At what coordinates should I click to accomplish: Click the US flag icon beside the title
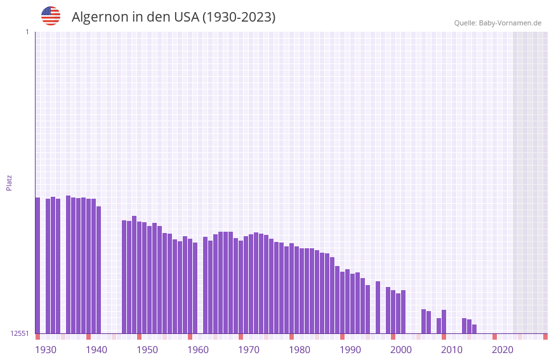point(51,16)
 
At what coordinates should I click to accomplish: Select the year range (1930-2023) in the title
point(239,17)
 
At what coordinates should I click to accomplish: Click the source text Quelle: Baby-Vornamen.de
point(498,23)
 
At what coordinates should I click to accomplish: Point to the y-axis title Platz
point(9,182)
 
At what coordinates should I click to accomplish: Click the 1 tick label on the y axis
point(27,32)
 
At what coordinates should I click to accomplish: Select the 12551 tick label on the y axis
point(20,333)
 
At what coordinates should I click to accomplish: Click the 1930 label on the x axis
point(46,350)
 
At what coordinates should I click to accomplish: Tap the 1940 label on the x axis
point(96,350)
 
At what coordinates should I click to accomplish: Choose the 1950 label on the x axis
point(147,350)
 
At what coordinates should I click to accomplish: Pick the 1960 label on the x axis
point(198,350)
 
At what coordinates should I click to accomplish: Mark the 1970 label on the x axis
point(249,350)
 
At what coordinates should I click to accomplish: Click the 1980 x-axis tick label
point(300,350)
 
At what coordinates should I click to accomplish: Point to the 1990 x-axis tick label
point(350,350)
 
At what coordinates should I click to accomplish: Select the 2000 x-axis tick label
point(401,350)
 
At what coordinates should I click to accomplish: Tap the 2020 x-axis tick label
point(503,350)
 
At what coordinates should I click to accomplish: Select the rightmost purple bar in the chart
point(474,329)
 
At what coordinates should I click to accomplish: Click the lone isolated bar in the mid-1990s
point(378,307)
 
